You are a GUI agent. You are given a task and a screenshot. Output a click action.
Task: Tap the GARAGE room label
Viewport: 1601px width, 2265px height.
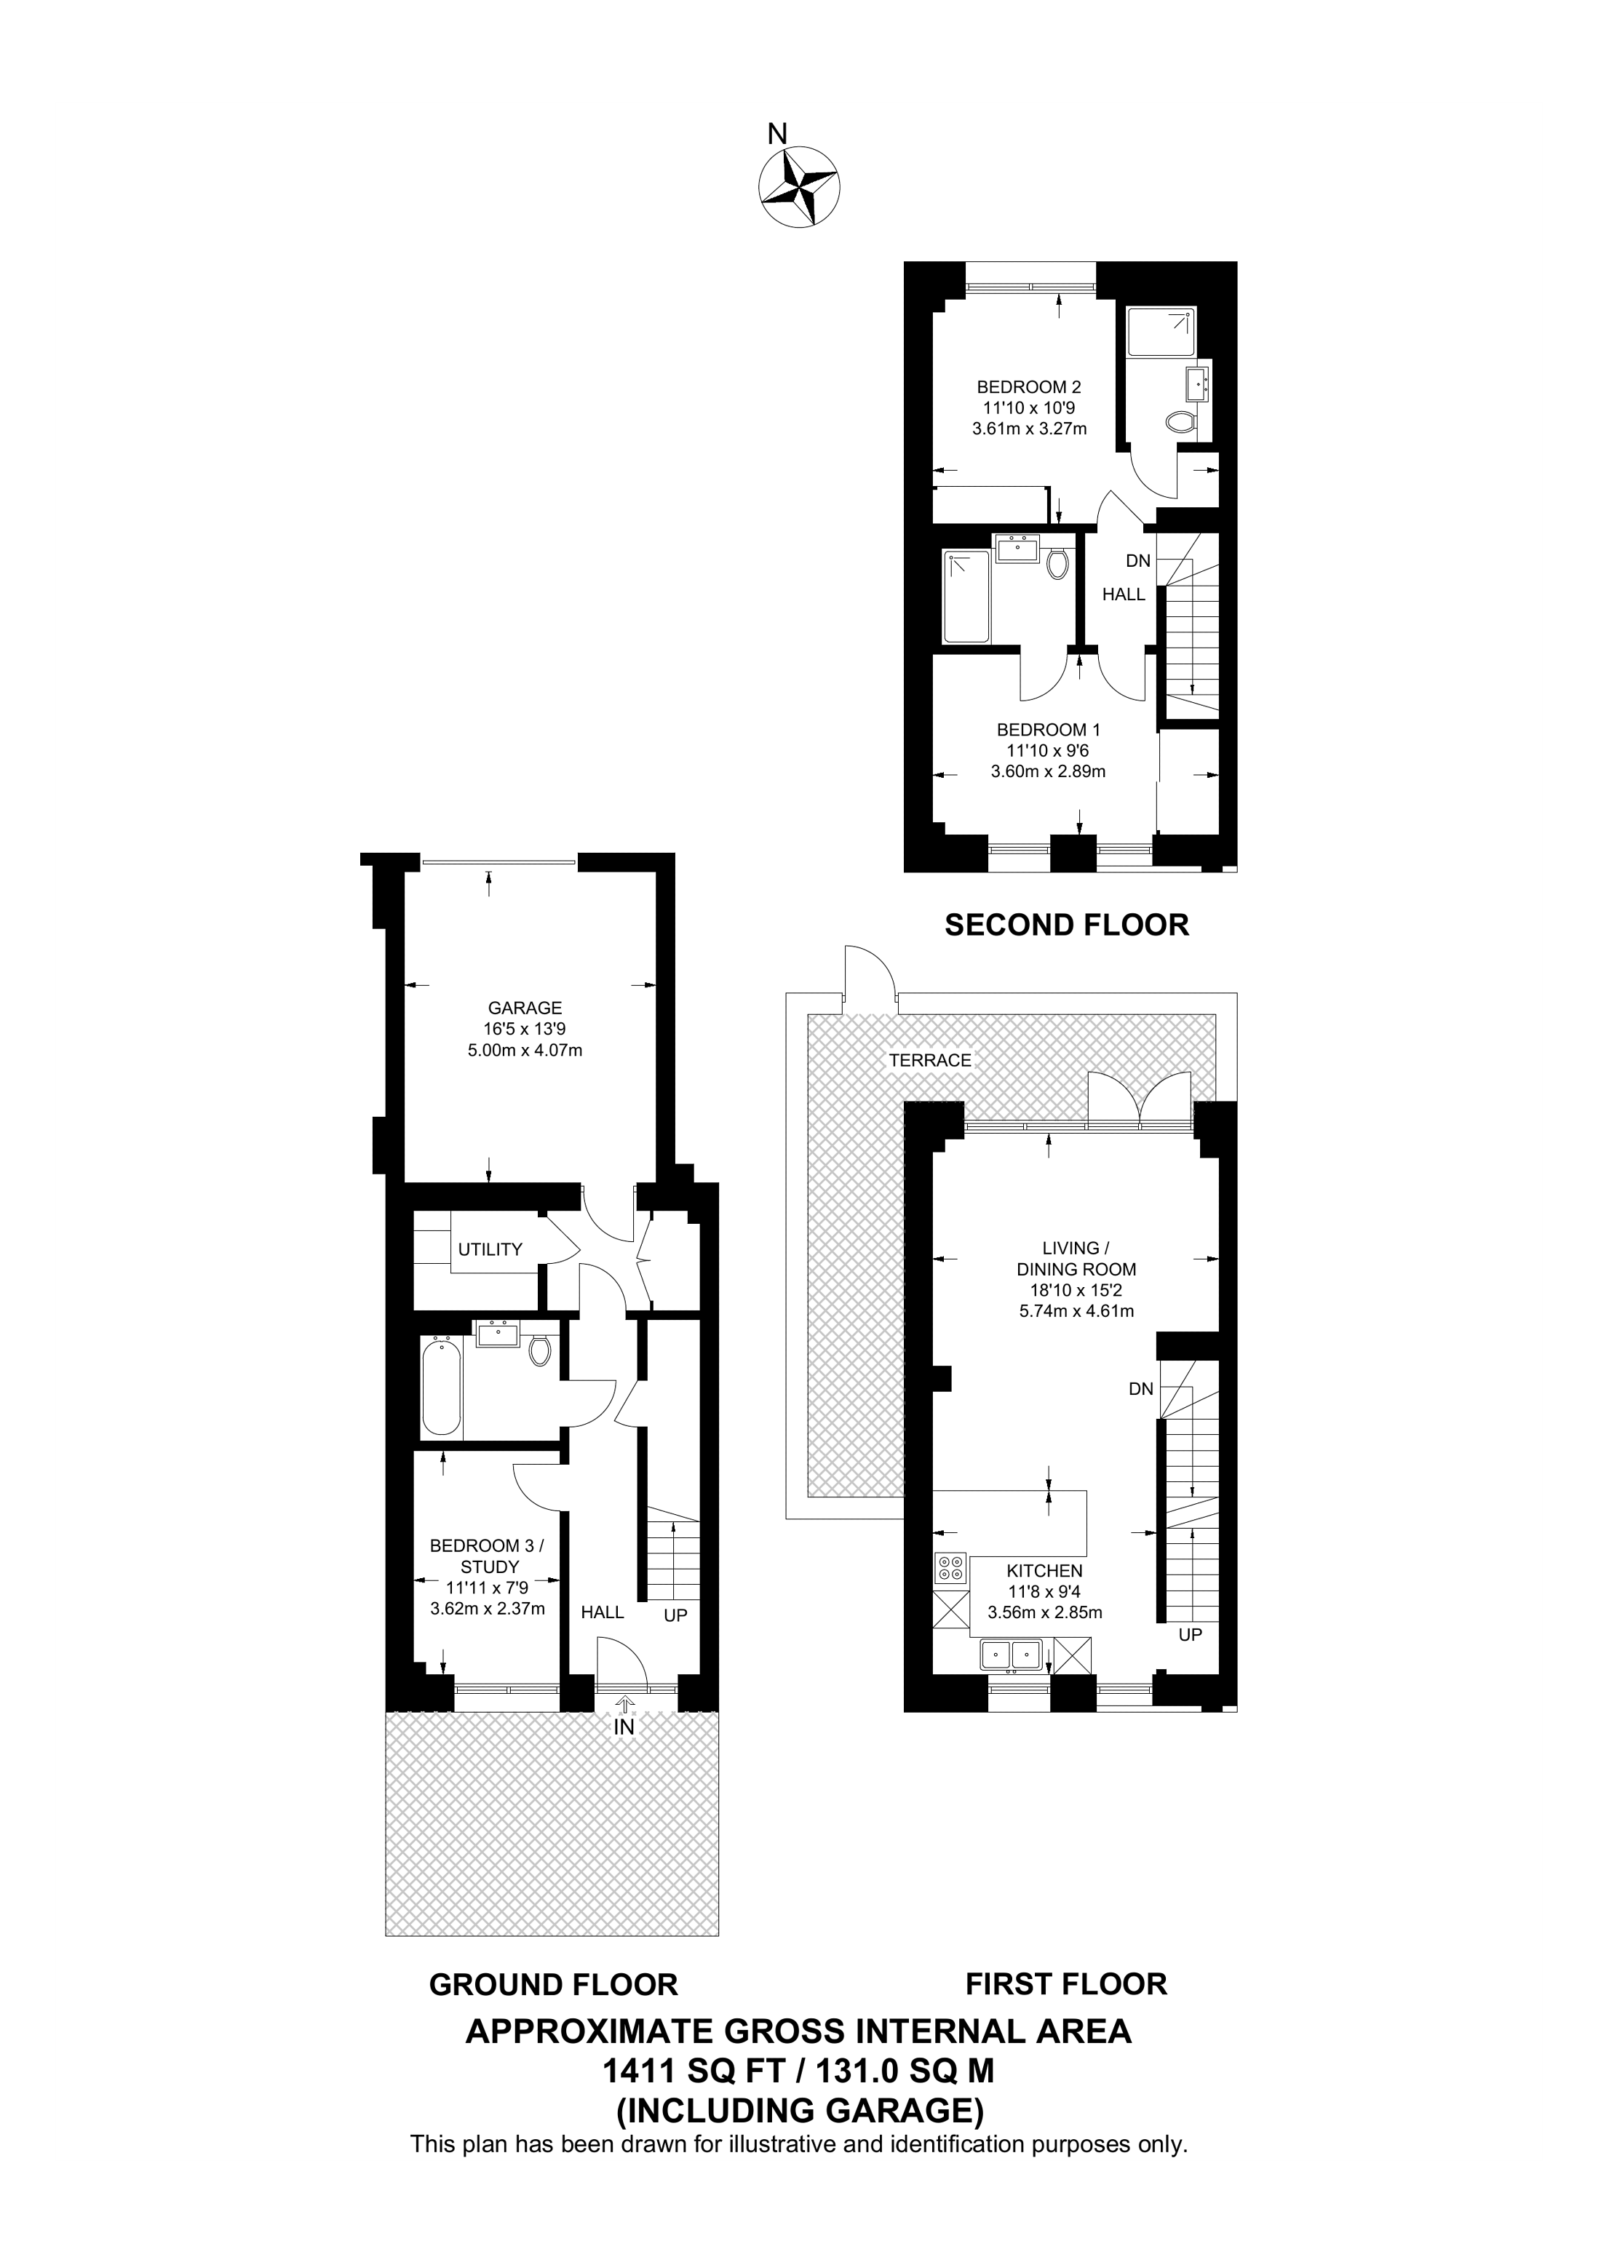pos(525,1008)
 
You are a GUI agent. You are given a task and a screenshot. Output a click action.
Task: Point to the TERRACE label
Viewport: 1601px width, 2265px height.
pos(929,1061)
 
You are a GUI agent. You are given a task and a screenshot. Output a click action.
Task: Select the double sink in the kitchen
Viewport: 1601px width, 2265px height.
pos(1011,1655)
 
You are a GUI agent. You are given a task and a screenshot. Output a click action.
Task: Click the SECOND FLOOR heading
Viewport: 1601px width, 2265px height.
pos(1066,925)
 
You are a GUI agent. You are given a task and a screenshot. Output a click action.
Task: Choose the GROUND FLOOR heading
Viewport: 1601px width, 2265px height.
pos(552,1985)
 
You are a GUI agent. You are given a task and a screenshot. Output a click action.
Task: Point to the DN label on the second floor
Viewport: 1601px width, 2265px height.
pos(1138,560)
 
